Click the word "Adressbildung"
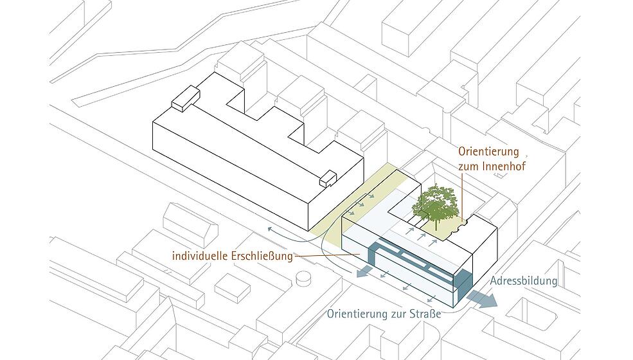point(524,281)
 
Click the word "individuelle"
point(199,256)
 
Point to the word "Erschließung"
point(262,256)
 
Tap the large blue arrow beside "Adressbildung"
point(482,298)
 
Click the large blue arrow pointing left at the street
point(366,272)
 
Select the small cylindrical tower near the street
point(303,278)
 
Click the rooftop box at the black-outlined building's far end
point(186,98)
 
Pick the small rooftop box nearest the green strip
point(328,179)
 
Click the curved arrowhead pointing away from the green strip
point(270,229)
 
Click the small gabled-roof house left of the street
point(190,226)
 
